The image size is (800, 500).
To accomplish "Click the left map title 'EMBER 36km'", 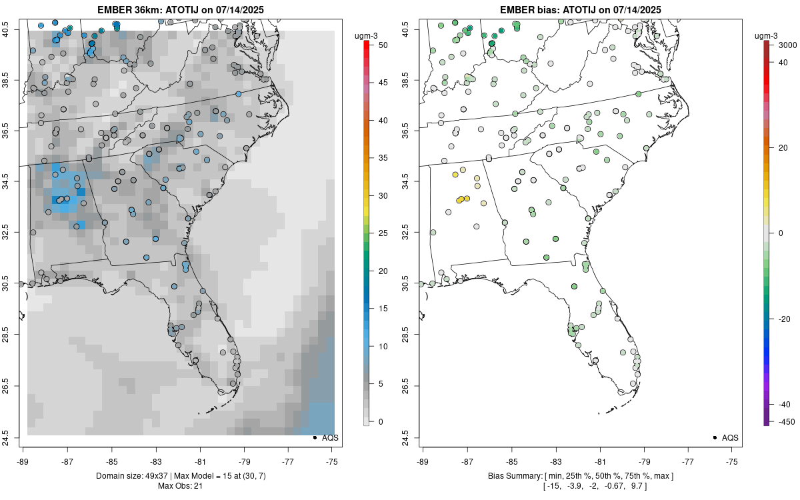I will pyautogui.click(x=126, y=9).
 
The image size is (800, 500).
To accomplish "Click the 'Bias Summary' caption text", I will pyautogui.click(x=512, y=475).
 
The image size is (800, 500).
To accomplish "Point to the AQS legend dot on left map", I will pyautogui.click(x=314, y=437).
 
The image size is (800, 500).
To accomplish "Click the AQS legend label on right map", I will pyautogui.click(x=731, y=437).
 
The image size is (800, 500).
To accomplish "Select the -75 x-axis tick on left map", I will pyautogui.click(x=333, y=460).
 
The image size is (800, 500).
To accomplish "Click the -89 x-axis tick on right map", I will pyautogui.click(x=423, y=460).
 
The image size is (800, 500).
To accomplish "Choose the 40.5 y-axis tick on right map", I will pyautogui.click(x=411, y=29).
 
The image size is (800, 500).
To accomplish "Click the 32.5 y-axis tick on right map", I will pyautogui.click(x=411, y=233).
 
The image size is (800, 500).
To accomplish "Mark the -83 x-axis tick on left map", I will pyautogui.click(x=155, y=460).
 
